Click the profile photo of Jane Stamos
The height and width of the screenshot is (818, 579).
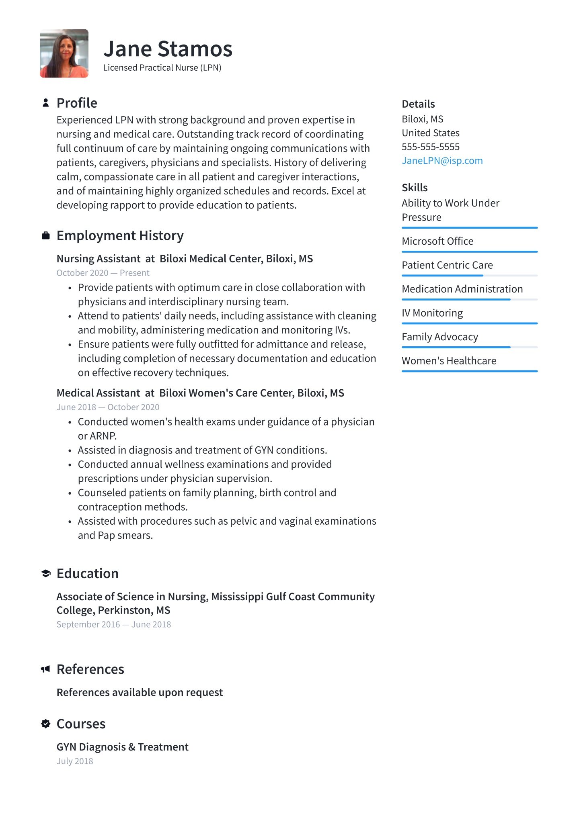click(64, 53)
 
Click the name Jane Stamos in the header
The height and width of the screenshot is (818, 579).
click(168, 49)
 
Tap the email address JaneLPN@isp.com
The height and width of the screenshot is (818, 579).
click(442, 161)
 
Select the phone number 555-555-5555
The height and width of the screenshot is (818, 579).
click(430, 147)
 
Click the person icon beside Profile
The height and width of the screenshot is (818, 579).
click(46, 103)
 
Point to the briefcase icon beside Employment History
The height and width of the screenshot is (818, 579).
click(46, 235)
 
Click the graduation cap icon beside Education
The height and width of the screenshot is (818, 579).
click(46, 573)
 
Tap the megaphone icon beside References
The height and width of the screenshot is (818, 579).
click(46, 669)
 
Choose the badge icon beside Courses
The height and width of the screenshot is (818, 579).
click(46, 724)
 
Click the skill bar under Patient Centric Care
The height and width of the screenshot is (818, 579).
click(469, 276)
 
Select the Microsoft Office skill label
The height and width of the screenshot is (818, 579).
click(437, 241)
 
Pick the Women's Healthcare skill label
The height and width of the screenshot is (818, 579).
click(449, 361)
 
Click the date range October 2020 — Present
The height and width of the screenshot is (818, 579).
click(103, 273)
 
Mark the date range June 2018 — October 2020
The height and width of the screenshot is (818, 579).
click(108, 407)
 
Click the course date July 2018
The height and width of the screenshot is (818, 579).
click(75, 761)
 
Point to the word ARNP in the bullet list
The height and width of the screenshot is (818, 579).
click(103, 436)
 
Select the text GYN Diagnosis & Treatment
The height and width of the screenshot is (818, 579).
click(122, 747)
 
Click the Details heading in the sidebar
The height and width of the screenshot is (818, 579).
click(418, 104)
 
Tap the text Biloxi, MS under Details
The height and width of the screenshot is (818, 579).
click(422, 119)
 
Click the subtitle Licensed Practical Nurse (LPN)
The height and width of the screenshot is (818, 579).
click(162, 67)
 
